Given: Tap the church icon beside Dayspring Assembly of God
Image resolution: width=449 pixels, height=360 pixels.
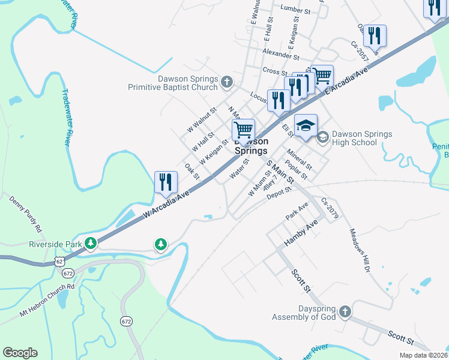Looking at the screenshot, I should click(345, 311).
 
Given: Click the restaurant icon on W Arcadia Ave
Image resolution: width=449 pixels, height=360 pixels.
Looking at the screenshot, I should click(165, 182).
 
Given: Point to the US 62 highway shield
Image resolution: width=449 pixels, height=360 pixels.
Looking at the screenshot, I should click(59, 262).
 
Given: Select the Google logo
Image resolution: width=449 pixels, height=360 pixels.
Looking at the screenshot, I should click(20, 353).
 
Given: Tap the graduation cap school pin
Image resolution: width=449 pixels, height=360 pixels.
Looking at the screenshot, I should click(306, 125).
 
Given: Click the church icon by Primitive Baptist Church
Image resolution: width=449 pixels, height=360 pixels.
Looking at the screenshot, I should click(226, 81).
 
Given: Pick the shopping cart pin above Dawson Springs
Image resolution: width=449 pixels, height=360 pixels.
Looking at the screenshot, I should click(243, 129).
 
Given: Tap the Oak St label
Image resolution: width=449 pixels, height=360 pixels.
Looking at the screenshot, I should click(192, 171).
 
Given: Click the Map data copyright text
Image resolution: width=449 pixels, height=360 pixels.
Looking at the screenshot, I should click(423, 355).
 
